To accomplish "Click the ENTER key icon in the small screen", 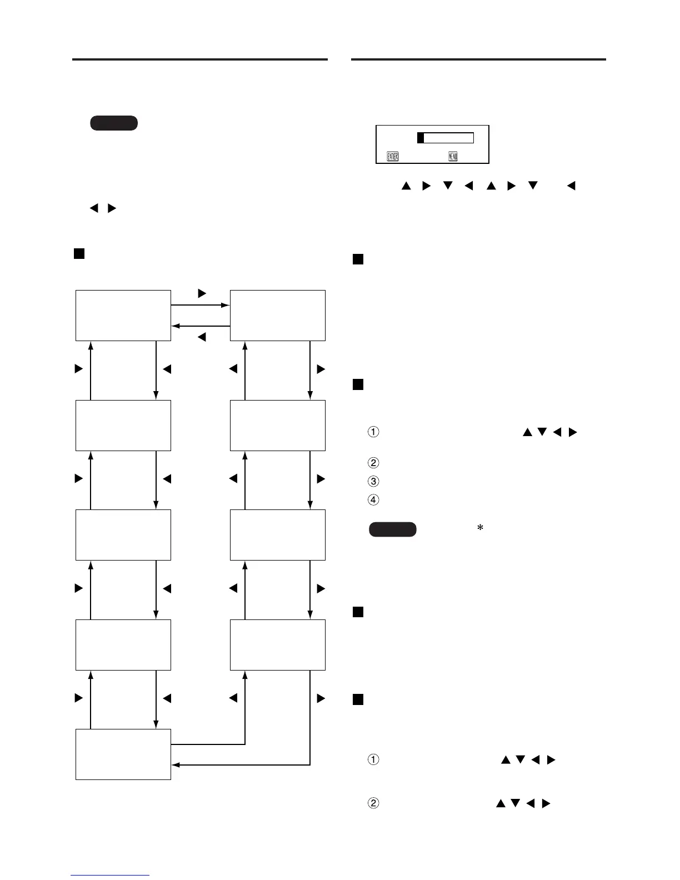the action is point(393,157).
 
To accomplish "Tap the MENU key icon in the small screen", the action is point(453,157).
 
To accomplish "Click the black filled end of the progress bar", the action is point(421,138).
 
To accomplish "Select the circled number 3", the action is point(374,481).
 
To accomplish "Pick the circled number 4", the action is point(374,499).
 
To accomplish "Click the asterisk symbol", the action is point(480,528).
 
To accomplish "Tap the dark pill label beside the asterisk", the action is point(392,529).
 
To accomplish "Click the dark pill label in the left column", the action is point(113,123).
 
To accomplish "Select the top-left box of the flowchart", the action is point(123,315).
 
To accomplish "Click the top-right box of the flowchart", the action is point(278,315).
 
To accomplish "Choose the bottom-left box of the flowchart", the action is point(123,754).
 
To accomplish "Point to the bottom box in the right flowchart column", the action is point(278,644).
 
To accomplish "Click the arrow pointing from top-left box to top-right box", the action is point(200,305).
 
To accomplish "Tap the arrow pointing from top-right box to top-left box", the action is point(200,326).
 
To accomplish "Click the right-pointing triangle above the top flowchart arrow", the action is point(202,293).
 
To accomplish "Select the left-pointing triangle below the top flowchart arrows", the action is point(202,337).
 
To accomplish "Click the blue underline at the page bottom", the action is point(110,876).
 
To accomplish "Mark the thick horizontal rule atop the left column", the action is point(200,59).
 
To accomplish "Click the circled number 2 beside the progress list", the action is point(374,463).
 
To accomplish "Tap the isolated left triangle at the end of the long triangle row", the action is point(571,186).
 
